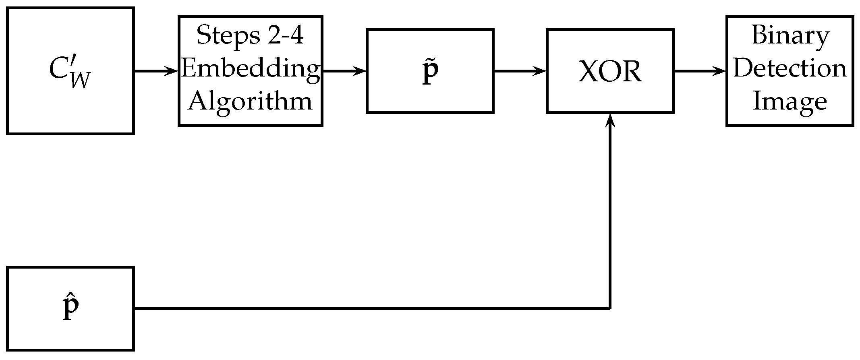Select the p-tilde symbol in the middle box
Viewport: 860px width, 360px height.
coord(430,71)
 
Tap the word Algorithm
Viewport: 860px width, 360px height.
coord(251,101)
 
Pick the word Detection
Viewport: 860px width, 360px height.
coord(790,68)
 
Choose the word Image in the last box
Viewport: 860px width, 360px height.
coord(790,101)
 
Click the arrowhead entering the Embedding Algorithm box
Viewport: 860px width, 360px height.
coord(173,72)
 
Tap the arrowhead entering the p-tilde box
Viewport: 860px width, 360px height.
coord(361,72)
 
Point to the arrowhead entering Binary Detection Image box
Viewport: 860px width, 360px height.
coord(721,72)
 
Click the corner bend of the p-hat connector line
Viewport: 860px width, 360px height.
coord(610,308)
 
